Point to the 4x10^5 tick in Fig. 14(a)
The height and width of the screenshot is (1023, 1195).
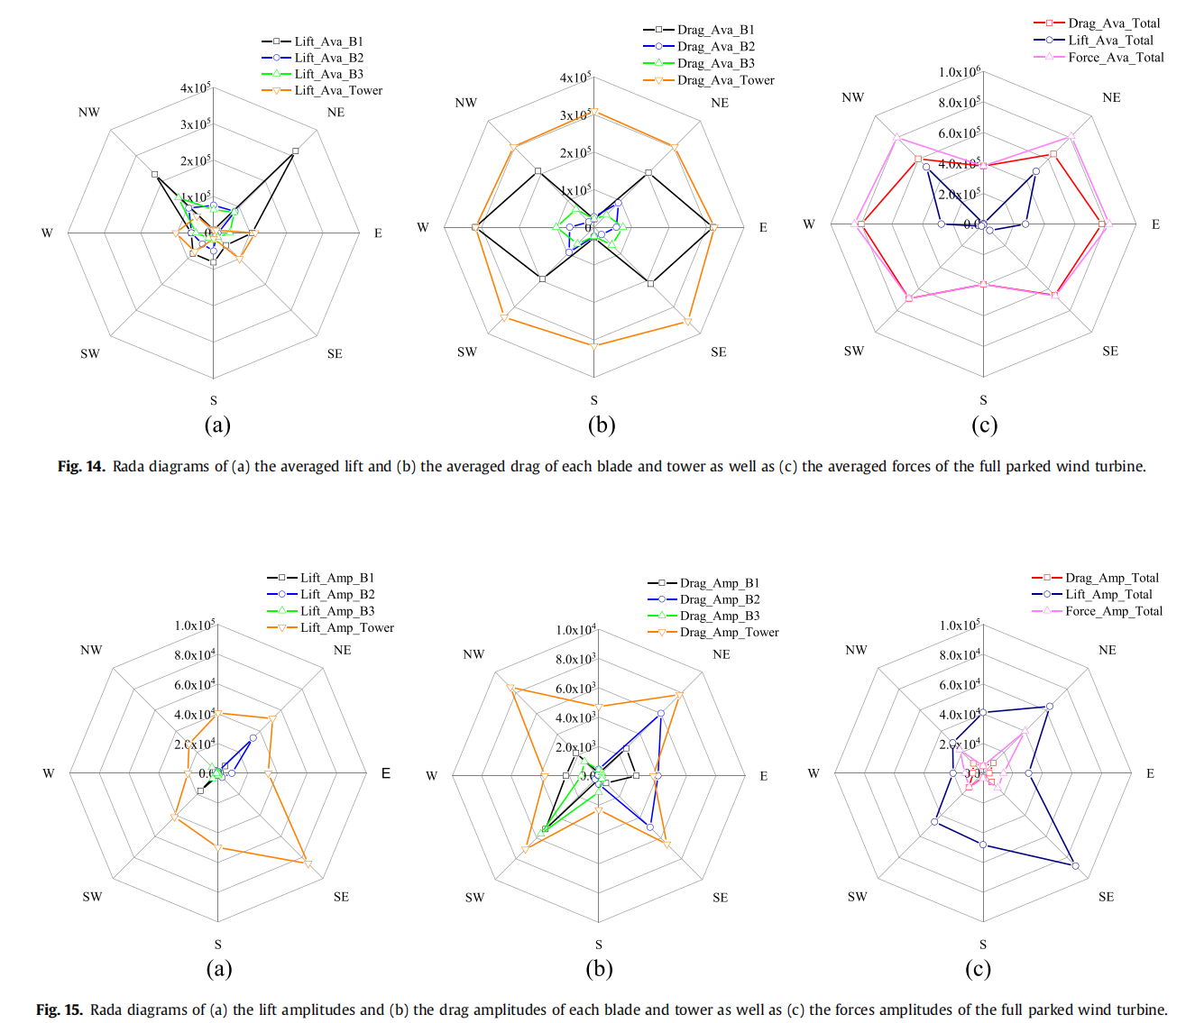(195, 88)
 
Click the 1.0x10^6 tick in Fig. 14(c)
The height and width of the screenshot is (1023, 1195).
(959, 72)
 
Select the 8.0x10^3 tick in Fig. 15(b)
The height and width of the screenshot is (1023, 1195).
(575, 660)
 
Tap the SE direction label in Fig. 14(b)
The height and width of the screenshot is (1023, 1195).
(718, 352)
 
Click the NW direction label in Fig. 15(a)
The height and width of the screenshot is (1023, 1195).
(91, 650)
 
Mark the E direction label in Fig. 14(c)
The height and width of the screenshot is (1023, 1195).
(1155, 224)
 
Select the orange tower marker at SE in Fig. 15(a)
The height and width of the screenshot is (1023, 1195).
(308, 863)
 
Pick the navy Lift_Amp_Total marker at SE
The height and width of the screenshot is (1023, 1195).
(1075, 865)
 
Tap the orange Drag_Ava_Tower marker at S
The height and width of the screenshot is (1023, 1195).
(593, 345)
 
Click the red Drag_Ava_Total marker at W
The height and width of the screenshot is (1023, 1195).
(861, 224)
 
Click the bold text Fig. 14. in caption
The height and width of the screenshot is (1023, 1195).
(81, 466)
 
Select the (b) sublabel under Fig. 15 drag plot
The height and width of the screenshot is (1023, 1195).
(599, 969)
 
